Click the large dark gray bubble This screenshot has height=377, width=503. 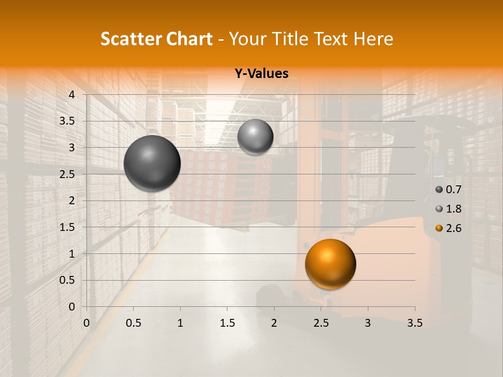pos(152,163)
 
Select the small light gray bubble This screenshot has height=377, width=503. pos(255,137)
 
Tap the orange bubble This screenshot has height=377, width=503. pos(330,264)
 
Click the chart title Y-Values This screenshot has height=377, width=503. pos(261,74)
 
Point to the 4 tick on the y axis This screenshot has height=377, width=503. pos(72,95)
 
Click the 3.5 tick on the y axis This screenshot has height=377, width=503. pos(68,121)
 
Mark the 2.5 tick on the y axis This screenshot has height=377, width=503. pos(68,174)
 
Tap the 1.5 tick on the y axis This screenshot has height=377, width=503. pos(68,227)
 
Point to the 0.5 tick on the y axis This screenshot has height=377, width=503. pos(68,280)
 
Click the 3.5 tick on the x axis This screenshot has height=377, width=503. pos(414,323)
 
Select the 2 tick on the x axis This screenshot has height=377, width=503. pos(274,323)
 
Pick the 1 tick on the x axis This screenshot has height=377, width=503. pos(180,323)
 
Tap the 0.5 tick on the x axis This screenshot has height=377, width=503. pos(134,323)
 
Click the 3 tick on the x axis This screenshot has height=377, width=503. pos(368,323)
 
